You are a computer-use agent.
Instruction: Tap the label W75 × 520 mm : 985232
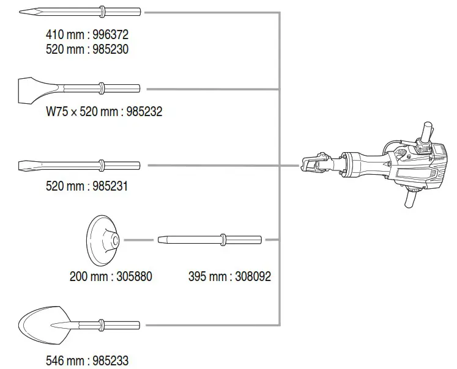tap(105, 112)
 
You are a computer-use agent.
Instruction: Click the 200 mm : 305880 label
tap(110, 276)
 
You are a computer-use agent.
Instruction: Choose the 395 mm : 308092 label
tap(229, 276)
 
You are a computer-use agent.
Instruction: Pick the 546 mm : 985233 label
tap(87, 361)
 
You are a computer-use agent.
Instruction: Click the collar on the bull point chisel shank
tap(102, 11)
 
